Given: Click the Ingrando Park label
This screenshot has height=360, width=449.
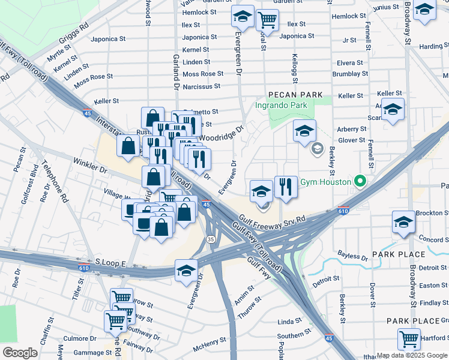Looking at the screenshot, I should [x=281, y=106].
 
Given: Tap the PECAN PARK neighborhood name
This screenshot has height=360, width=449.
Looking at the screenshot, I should [x=295, y=95].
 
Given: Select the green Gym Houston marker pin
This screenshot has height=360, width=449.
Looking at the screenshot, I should [x=360, y=180].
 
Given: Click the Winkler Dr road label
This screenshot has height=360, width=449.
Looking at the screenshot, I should [x=90, y=166].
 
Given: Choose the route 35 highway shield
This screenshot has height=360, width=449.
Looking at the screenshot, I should [x=211, y=239].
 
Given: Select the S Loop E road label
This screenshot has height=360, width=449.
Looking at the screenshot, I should [x=109, y=263].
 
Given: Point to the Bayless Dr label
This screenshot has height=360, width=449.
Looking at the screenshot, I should [x=352, y=256].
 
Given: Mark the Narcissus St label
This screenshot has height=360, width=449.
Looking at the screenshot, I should [x=203, y=86].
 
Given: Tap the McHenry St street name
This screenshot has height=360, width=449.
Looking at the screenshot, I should [x=209, y=345].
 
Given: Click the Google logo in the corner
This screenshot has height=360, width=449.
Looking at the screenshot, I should [x=20, y=352].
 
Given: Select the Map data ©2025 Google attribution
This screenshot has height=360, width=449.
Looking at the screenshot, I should [x=412, y=355].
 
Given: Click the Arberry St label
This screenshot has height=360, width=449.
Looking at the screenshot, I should [x=351, y=129].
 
